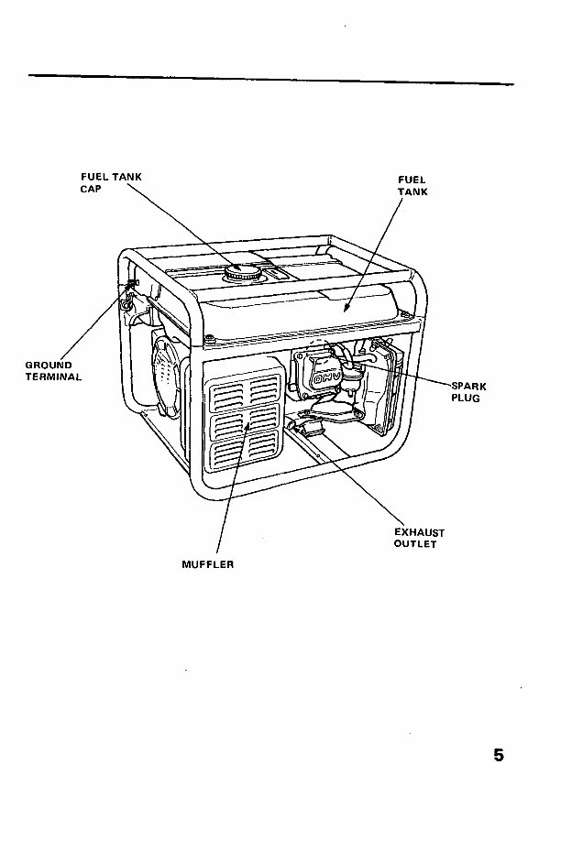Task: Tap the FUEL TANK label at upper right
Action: [412, 186]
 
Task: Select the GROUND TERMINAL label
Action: [53, 370]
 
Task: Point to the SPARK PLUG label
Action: [467, 392]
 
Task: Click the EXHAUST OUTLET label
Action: [419, 538]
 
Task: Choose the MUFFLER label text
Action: [208, 564]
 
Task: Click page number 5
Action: [499, 756]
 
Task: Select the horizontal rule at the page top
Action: [270, 79]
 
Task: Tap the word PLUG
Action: [466, 399]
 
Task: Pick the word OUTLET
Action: [415, 544]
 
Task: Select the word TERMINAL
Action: [53, 376]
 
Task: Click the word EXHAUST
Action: [420, 531]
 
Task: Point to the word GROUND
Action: [49, 365]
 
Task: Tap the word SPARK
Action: [468, 386]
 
